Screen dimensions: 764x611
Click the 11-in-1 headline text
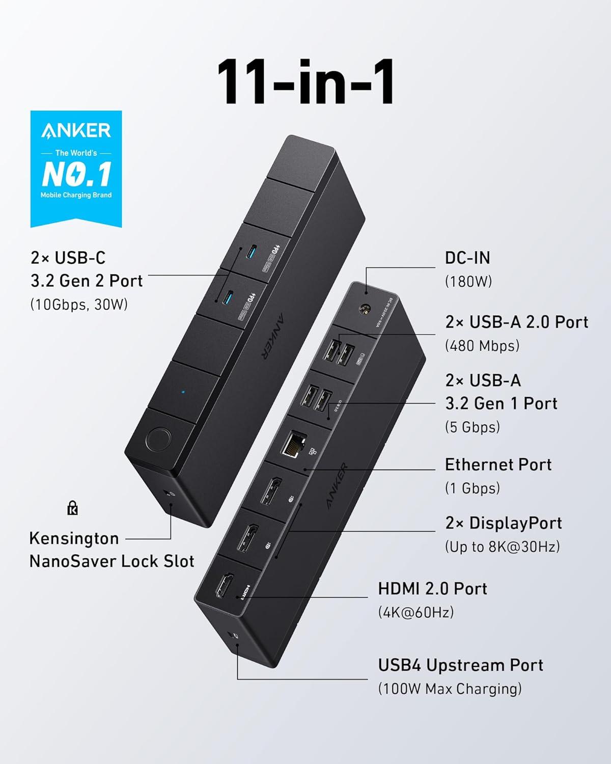(305, 81)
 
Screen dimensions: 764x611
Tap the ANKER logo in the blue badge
(76, 130)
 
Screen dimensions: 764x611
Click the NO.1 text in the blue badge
(76, 174)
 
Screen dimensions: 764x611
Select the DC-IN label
(467, 258)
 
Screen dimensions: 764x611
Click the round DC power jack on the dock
(365, 309)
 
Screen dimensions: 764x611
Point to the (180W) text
(468, 282)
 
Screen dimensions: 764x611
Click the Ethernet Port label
(498, 465)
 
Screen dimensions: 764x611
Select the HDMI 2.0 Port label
(432, 589)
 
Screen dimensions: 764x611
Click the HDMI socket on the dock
(223, 586)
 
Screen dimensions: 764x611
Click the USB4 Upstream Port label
(460, 665)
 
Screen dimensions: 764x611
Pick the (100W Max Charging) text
(450, 689)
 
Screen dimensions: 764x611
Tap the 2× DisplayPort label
(503, 523)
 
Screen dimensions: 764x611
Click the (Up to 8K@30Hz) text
(502, 547)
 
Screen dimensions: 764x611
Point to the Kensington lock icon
(73, 508)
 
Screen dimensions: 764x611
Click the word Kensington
(74, 538)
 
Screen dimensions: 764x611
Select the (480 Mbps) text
(482, 346)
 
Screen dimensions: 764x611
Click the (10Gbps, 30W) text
(79, 305)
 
